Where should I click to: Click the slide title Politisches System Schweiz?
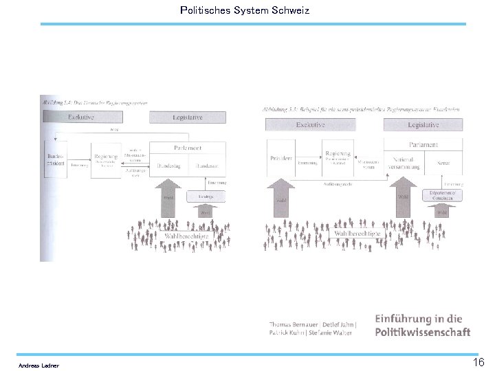click(x=244, y=10)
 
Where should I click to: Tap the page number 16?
click(x=478, y=362)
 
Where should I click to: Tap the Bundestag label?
click(x=168, y=166)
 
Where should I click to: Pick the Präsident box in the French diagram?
click(x=282, y=159)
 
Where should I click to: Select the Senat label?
click(x=443, y=163)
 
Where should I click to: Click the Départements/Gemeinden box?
click(x=442, y=196)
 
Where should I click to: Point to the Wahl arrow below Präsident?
click(x=281, y=199)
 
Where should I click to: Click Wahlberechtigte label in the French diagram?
click(x=357, y=234)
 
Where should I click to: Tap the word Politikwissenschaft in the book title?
click(x=423, y=333)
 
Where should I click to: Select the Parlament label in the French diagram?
click(x=423, y=145)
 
